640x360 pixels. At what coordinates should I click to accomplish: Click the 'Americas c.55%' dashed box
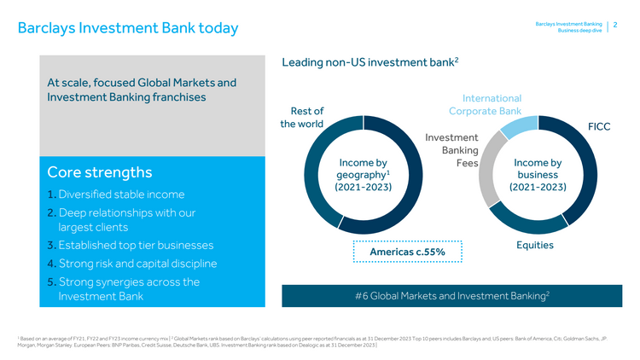click(407, 253)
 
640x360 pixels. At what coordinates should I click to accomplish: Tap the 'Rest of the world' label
click(306, 118)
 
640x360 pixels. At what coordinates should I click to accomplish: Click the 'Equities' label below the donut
click(535, 245)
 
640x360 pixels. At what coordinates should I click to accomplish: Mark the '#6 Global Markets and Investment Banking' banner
click(451, 295)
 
